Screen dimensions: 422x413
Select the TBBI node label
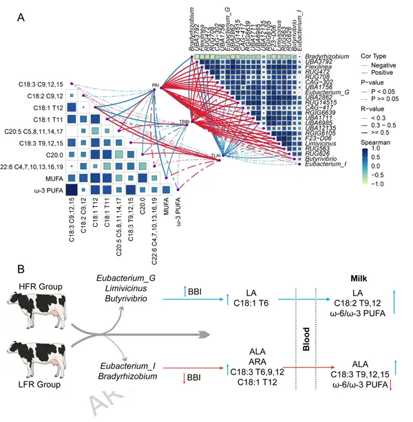pos(184,122)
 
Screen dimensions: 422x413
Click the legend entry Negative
pos(386,65)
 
